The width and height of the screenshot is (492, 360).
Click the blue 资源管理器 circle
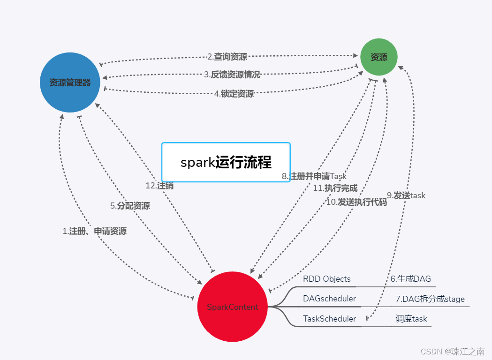pyautogui.click(x=70, y=82)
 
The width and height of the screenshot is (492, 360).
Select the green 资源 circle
pyautogui.click(x=379, y=57)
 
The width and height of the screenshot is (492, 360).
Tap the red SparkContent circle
pyautogui.click(x=233, y=307)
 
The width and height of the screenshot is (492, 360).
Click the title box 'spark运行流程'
pyautogui.click(x=226, y=162)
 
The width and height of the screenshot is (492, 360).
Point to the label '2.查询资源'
pyautogui.click(x=227, y=57)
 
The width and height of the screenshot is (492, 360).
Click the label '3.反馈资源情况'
pyautogui.click(x=232, y=75)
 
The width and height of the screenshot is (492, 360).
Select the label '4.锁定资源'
pyautogui.click(x=234, y=94)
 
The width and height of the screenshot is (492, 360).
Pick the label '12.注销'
pyautogui.click(x=159, y=186)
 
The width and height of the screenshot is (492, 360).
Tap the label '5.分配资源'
pyautogui.click(x=130, y=206)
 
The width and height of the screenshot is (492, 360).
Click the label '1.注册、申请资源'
pyautogui.click(x=94, y=231)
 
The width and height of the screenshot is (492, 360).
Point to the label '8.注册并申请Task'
pyautogui.click(x=314, y=176)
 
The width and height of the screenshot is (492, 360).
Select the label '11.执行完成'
pyautogui.click(x=335, y=188)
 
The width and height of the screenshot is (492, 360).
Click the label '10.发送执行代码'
pyautogui.click(x=356, y=202)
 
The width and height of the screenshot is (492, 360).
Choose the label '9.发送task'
pyautogui.click(x=406, y=195)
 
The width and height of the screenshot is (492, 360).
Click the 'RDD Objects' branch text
pyautogui.click(x=326, y=279)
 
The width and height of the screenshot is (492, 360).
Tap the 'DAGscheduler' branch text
pyautogui.click(x=329, y=299)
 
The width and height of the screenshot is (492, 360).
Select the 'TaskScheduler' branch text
pyautogui.click(x=329, y=319)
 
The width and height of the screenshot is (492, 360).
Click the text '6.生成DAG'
pyautogui.click(x=410, y=279)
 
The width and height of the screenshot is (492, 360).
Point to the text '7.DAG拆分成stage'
pyautogui.click(x=430, y=299)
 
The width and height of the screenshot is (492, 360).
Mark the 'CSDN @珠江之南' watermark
pyautogui.click(x=452, y=352)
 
